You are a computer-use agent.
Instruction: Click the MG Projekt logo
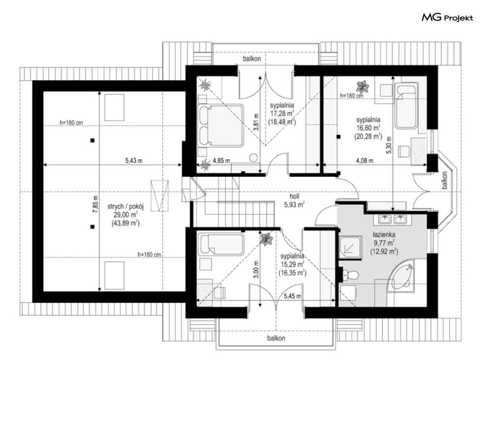coord(447,18)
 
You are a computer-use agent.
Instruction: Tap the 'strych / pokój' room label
coord(125,206)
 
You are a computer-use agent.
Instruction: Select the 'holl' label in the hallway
coord(294,196)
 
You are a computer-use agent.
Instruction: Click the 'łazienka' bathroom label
coord(384,234)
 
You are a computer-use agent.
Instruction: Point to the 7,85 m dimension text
coord(95,204)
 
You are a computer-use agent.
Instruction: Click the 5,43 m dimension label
coord(134,161)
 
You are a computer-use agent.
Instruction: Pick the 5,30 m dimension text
coord(389,145)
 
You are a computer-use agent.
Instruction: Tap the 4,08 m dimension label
coord(365,161)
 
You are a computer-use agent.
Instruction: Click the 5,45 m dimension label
coord(292,296)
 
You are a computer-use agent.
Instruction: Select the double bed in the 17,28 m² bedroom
coord(221,125)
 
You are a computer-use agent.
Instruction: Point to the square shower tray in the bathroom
coord(350,248)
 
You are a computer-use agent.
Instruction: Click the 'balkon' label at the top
coord(252,58)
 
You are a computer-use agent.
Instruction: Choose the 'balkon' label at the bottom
coord(276,338)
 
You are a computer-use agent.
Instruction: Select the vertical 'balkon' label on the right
coord(444,180)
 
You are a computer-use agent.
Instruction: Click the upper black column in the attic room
coord(92,141)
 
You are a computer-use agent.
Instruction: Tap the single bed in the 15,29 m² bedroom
coord(222,244)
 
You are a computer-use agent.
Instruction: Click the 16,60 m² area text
coord(368,128)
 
